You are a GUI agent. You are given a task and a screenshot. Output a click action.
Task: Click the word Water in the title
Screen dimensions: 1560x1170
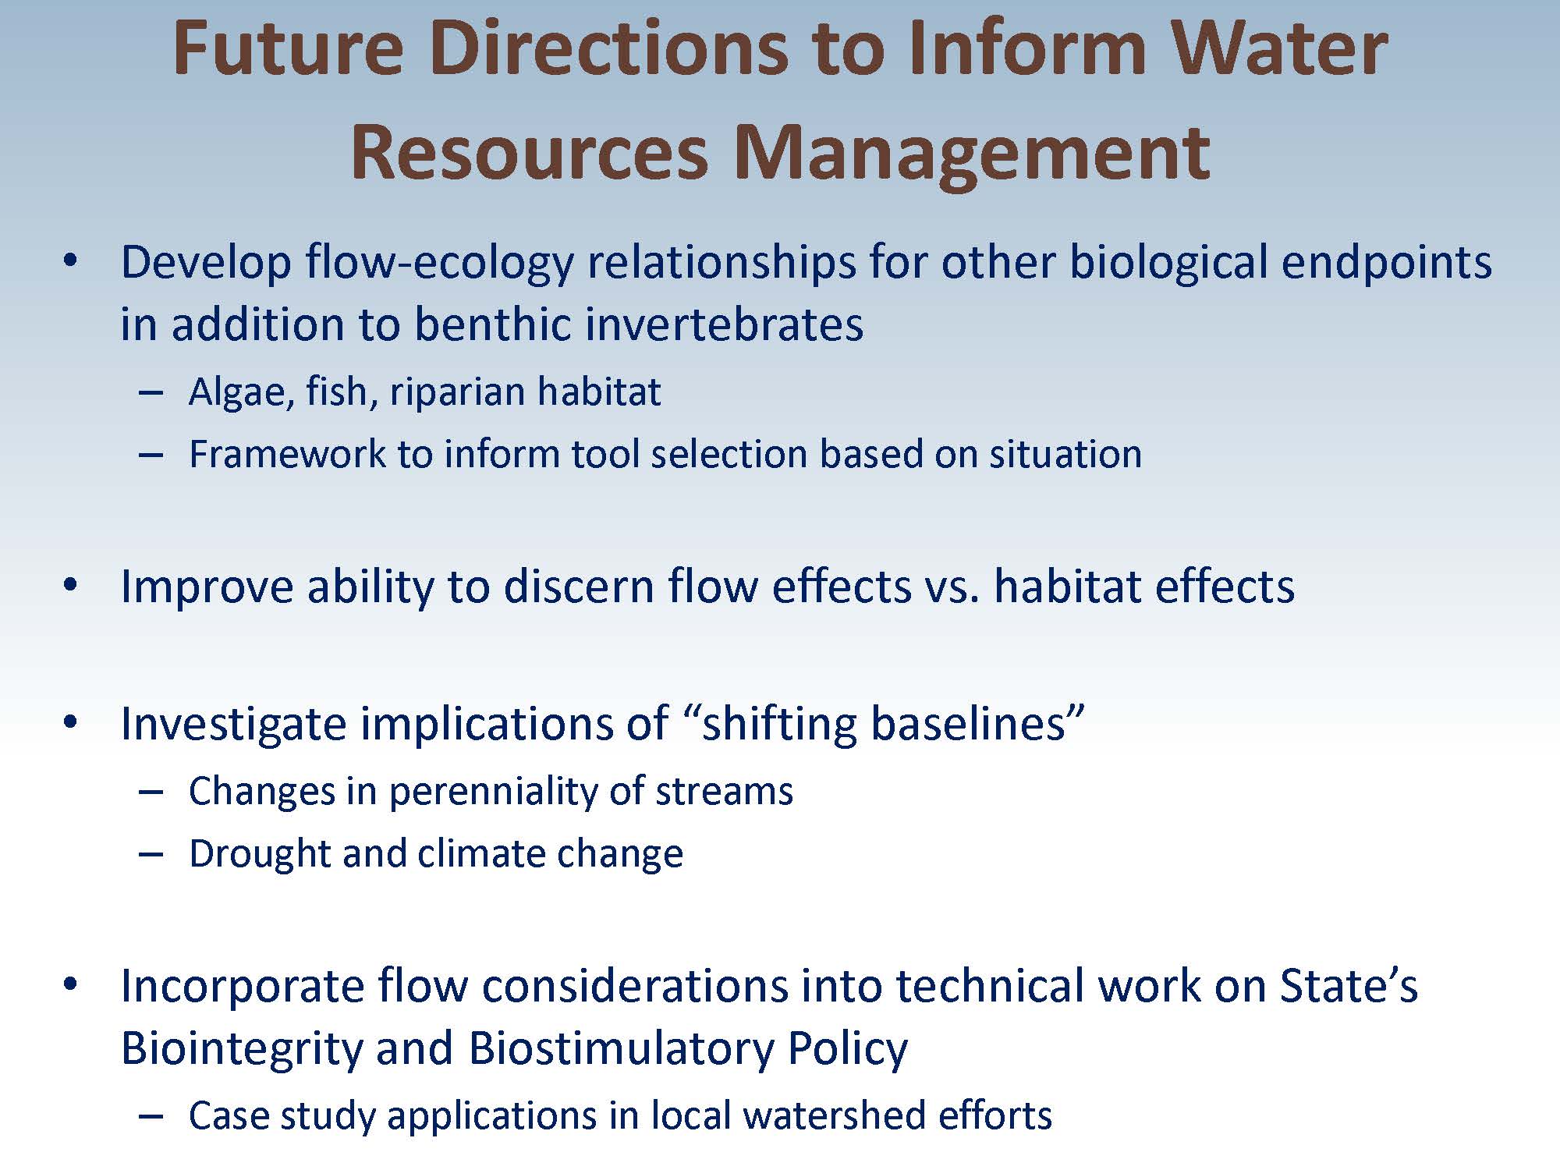(x=1280, y=48)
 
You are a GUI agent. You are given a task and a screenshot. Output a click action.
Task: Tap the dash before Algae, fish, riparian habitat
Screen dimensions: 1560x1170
(x=151, y=393)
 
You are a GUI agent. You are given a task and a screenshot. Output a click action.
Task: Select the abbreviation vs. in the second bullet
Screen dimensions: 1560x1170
(x=952, y=587)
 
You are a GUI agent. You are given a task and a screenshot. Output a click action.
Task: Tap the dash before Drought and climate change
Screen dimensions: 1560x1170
(x=151, y=855)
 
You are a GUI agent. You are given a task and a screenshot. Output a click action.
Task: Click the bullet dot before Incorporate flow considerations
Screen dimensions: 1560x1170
(x=71, y=984)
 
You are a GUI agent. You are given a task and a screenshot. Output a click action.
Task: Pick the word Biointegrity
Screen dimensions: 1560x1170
(x=243, y=1048)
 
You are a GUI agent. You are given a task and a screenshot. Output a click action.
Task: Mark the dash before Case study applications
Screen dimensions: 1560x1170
(x=151, y=1116)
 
